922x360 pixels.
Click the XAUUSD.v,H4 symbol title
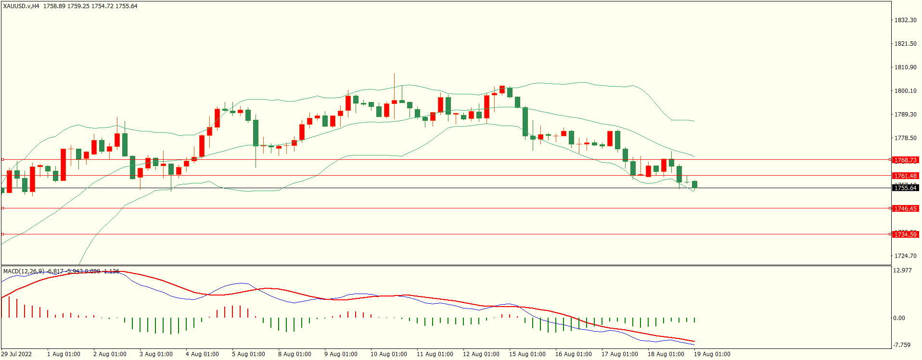click(21, 6)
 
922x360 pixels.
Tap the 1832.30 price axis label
click(905, 20)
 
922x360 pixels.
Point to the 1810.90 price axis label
click(905, 67)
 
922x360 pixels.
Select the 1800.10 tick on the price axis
click(905, 91)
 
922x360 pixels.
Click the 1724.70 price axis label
click(905, 256)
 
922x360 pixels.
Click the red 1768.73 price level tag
click(905, 160)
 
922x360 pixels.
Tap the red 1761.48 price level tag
click(905, 176)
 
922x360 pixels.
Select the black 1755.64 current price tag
click(905, 188)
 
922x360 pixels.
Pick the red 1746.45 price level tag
click(905, 209)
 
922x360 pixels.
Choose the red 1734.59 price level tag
click(905, 235)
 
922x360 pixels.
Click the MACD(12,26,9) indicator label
click(23, 271)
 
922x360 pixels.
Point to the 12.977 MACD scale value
click(902, 270)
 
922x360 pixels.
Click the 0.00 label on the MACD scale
click(899, 318)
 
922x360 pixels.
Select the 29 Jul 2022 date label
click(16, 354)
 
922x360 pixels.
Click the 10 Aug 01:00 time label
click(388, 354)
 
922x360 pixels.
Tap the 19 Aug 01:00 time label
click(712, 354)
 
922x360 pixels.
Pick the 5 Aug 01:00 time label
click(248, 354)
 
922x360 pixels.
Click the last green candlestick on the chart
click(694, 184)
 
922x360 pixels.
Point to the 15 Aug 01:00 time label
click(527, 354)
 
